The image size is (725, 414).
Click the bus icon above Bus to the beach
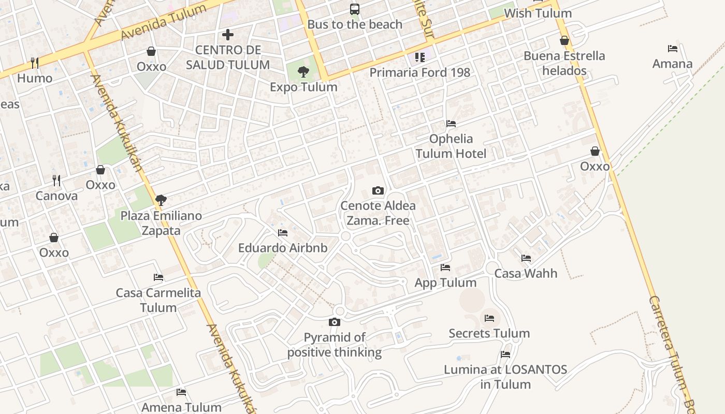pyautogui.click(x=355, y=9)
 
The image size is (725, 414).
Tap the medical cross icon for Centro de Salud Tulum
pyautogui.click(x=228, y=35)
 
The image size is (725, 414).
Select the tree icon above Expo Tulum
pyautogui.click(x=303, y=72)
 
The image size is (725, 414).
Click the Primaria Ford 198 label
pyautogui.click(x=419, y=72)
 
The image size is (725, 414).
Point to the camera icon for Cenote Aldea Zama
pyautogui.click(x=378, y=190)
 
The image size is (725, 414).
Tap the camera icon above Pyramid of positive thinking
pyautogui.click(x=335, y=322)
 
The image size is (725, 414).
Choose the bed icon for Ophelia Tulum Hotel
pyautogui.click(x=451, y=124)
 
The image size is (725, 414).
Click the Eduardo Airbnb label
pyautogui.click(x=283, y=248)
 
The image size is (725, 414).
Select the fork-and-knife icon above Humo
pyautogui.click(x=35, y=63)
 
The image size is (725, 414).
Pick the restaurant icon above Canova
pyautogui.click(x=56, y=181)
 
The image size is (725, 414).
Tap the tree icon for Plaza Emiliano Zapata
pyautogui.click(x=161, y=200)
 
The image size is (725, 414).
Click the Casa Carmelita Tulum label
pyautogui.click(x=158, y=300)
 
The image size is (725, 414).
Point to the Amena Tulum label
pyautogui.click(x=181, y=407)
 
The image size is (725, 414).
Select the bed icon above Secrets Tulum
pyautogui.click(x=489, y=318)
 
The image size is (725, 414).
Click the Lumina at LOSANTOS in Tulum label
pyautogui.click(x=505, y=377)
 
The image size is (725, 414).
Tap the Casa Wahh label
pyautogui.click(x=526, y=273)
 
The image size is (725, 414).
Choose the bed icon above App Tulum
pyautogui.click(x=445, y=268)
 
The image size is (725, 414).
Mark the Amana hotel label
pyautogui.click(x=672, y=64)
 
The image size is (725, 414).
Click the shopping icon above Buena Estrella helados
pyautogui.click(x=564, y=40)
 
